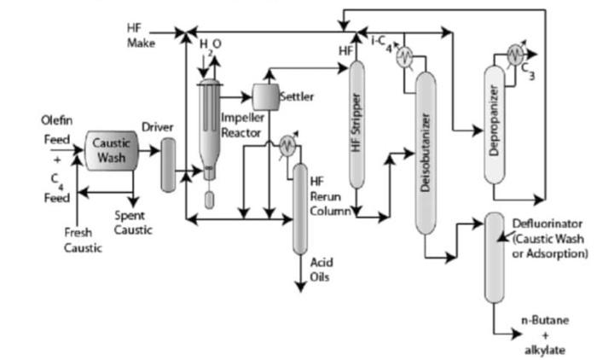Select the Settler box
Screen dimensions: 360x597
(x=267, y=96)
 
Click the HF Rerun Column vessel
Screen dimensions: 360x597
(x=299, y=208)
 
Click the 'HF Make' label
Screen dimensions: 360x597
(x=141, y=36)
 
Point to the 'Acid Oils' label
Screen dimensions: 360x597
(x=322, y=269)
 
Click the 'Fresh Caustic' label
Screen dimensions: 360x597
(x=83, y=240)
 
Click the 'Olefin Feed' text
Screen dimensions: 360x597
(x=56, y=129)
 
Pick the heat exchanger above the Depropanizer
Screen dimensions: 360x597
(x=513, y=53)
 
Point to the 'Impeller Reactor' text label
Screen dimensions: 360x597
(x=242, y=125)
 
